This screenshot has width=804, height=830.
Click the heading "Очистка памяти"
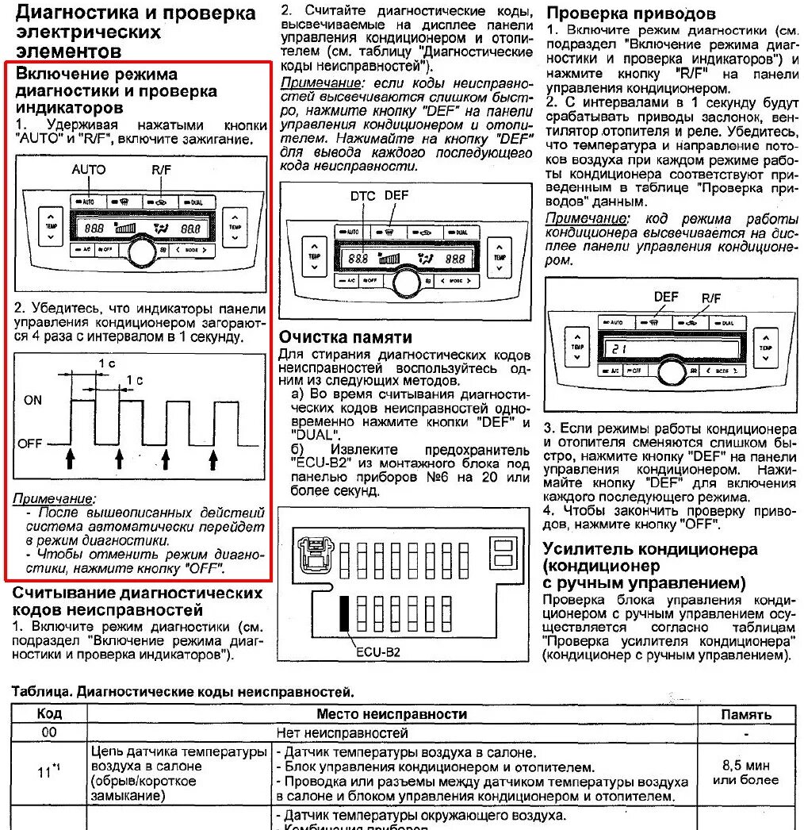click(x=346, y=336)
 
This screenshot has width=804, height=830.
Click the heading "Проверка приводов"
click(x=631, y=13)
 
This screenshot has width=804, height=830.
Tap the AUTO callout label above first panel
click(x=88, y=169)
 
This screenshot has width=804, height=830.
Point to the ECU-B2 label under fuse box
click(x=378, y=652)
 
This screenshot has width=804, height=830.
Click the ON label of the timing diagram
click(x=33, y=400)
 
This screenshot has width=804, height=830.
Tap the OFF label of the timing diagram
click(x=30, y=444)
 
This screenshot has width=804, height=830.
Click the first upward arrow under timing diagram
click(x=71, y=458)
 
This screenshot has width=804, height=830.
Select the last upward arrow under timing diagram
click(x=213, y=458)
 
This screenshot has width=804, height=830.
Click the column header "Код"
click(x=49, y=714)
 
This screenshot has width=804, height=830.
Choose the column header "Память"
click(x=745, y=714)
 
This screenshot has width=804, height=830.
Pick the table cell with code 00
click(x=49, y=732)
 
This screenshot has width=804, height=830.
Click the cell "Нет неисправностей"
click(x=343, y=732)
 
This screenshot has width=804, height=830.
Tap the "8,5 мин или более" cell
click(x=745, y=772)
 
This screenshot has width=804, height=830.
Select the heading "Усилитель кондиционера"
click(x=650, y=548)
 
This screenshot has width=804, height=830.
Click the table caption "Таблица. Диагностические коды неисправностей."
click(x=182, y=692)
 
